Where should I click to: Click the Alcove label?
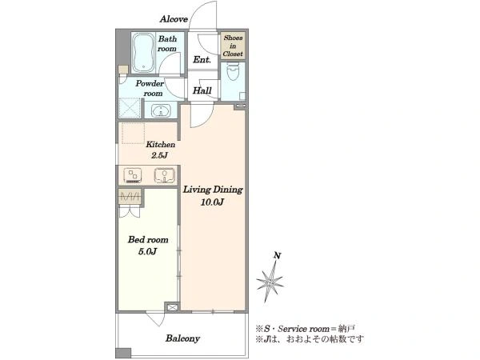point(174,19)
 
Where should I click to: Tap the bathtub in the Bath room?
point(143,53)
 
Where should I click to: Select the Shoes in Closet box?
point(233,46)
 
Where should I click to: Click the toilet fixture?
point(234,71)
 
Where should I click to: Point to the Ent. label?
point(202,59)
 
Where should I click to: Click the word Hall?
point(202,90)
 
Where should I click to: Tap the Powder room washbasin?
point(161,110)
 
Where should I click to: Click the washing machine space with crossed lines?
point(130,108)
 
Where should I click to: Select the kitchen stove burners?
point(133,176)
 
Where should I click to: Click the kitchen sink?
point(165,176)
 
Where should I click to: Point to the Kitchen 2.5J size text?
point(159,155)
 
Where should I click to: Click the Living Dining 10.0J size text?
point(213,202)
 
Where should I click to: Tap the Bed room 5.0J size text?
point(147,252)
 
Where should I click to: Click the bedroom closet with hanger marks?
point(130,196)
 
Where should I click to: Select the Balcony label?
point(182,338)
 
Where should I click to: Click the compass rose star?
point(270,282)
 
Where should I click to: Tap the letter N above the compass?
point(278,255)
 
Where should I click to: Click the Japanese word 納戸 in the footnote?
point(346,329)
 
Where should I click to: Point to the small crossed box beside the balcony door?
point(172,307)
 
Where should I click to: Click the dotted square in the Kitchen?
point(133,133)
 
